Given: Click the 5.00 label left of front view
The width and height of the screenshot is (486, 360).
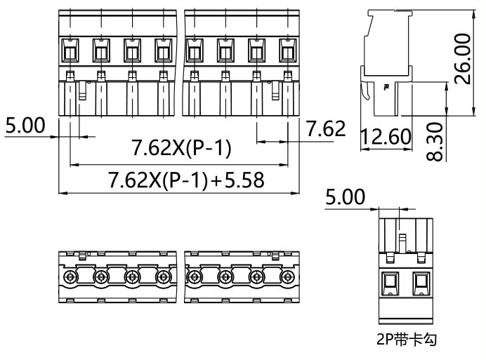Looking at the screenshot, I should (25, 126).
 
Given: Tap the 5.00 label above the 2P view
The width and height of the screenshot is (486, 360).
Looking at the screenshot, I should (345, 197).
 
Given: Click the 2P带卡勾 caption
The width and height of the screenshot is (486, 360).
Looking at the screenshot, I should (405, 341).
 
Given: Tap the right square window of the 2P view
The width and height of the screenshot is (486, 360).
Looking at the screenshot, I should (421, 284).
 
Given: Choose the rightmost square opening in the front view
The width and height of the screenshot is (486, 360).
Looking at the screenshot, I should (288, 50).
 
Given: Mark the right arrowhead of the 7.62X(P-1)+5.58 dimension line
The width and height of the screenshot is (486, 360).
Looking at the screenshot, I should (298, 192).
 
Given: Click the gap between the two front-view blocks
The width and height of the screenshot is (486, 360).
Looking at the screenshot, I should (180, 63).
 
